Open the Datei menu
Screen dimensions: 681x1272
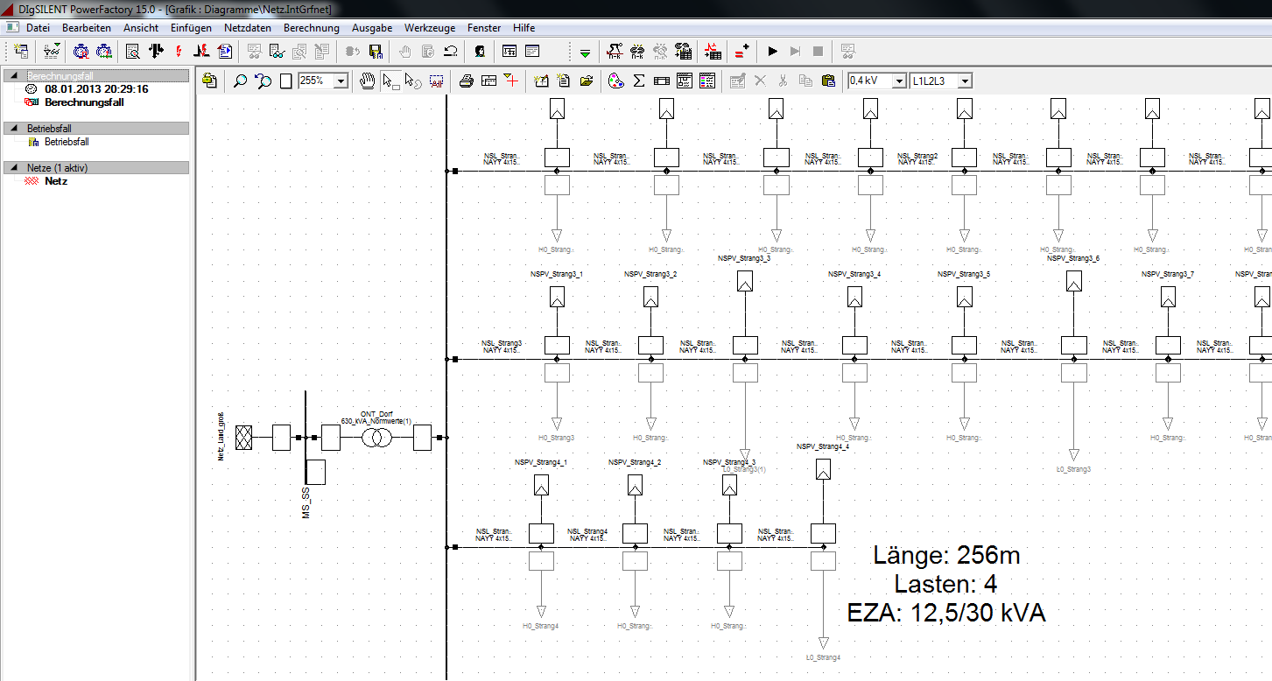pyautogui.click(x=38, y=28)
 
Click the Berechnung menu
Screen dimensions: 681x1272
pyautogui.click(x=311, y=28)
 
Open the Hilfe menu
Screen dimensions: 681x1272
pyautogui.click(x=524, y=28)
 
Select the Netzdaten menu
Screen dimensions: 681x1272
pyautogui.click(x=248, y=28)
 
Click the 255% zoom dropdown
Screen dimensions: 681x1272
pyautogui.click(x=323, y=81)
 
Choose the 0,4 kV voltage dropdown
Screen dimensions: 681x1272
pyautogui.click(x=876, y=81)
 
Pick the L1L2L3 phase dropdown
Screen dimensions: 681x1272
pyautogui.click(x=941, y=81)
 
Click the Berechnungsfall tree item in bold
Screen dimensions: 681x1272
pyautogui.click(x=84, y=102)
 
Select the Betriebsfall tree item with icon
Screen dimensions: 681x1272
pyautogui.click(x=67, y=142)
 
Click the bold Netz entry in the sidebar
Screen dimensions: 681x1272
pyautogui.click(x=56, y=181)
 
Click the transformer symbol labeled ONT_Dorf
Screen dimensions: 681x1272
pyautogui.click(x=377, y=438)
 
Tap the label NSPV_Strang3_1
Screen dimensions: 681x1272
pyautogui.click(x=556, y=275)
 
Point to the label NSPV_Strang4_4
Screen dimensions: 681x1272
pyautogui.click(x=822, y=446)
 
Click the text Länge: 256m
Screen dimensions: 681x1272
pyautogui.click(x=946, y=555)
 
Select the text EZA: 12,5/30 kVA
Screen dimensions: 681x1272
pyautogui.click(x=946, y=613)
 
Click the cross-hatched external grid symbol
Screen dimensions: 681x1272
pyautogui.click(x=243, y=438)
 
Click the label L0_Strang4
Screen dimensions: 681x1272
pyautogui.click(x=823, y=657)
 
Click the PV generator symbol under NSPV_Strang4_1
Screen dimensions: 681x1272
pyautogui.click(x=541, y=485)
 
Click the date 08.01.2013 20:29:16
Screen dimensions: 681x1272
pyautogui.click(x=96, y=89)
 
